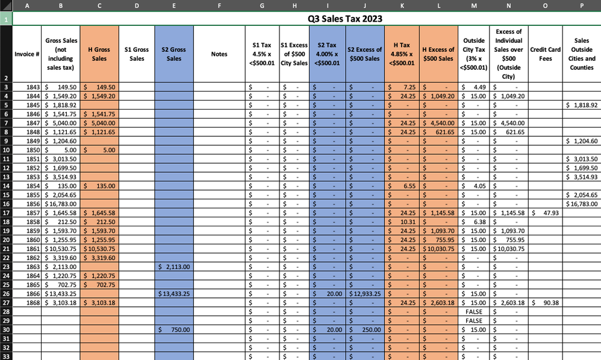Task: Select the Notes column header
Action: point(219,54)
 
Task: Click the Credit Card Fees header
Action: point(546,54)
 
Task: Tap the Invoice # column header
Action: point(27,54)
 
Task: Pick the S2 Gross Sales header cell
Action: point(173,54)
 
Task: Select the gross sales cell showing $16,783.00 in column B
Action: point(60,204)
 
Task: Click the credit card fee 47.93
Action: point(549,213)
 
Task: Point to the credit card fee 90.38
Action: point(549,303)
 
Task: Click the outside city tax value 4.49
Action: point(472,87)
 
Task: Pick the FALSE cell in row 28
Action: point(474,312)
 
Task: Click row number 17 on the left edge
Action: point(6,213)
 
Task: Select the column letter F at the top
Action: point(219,5)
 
